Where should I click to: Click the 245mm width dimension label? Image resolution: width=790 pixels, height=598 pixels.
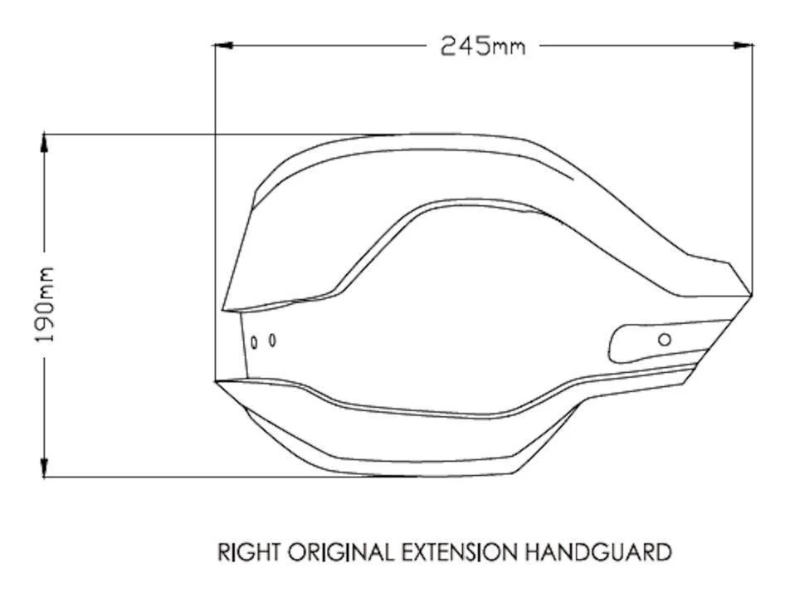click(x=482, y=45)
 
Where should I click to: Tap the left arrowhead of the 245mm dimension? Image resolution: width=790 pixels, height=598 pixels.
click(x=222, y=45)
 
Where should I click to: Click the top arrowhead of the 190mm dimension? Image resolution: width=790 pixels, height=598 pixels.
click(x=45, y=140)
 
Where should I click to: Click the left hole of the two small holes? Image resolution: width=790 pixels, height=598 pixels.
click(x=255, y=341)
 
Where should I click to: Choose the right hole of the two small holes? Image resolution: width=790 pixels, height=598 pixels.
click(x=272, y=340)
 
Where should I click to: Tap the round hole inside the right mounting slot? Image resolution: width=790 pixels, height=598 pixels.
click(x=664, y=339)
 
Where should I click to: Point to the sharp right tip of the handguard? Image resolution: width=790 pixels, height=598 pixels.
click(x=751, y=292)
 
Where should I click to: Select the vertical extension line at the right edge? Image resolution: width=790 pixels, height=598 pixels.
click(x=753, y=166)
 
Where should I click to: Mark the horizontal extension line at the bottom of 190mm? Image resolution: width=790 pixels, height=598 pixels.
click(x=207, y=477)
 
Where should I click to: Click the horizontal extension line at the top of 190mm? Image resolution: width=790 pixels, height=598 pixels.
click(x=207, y=134)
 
